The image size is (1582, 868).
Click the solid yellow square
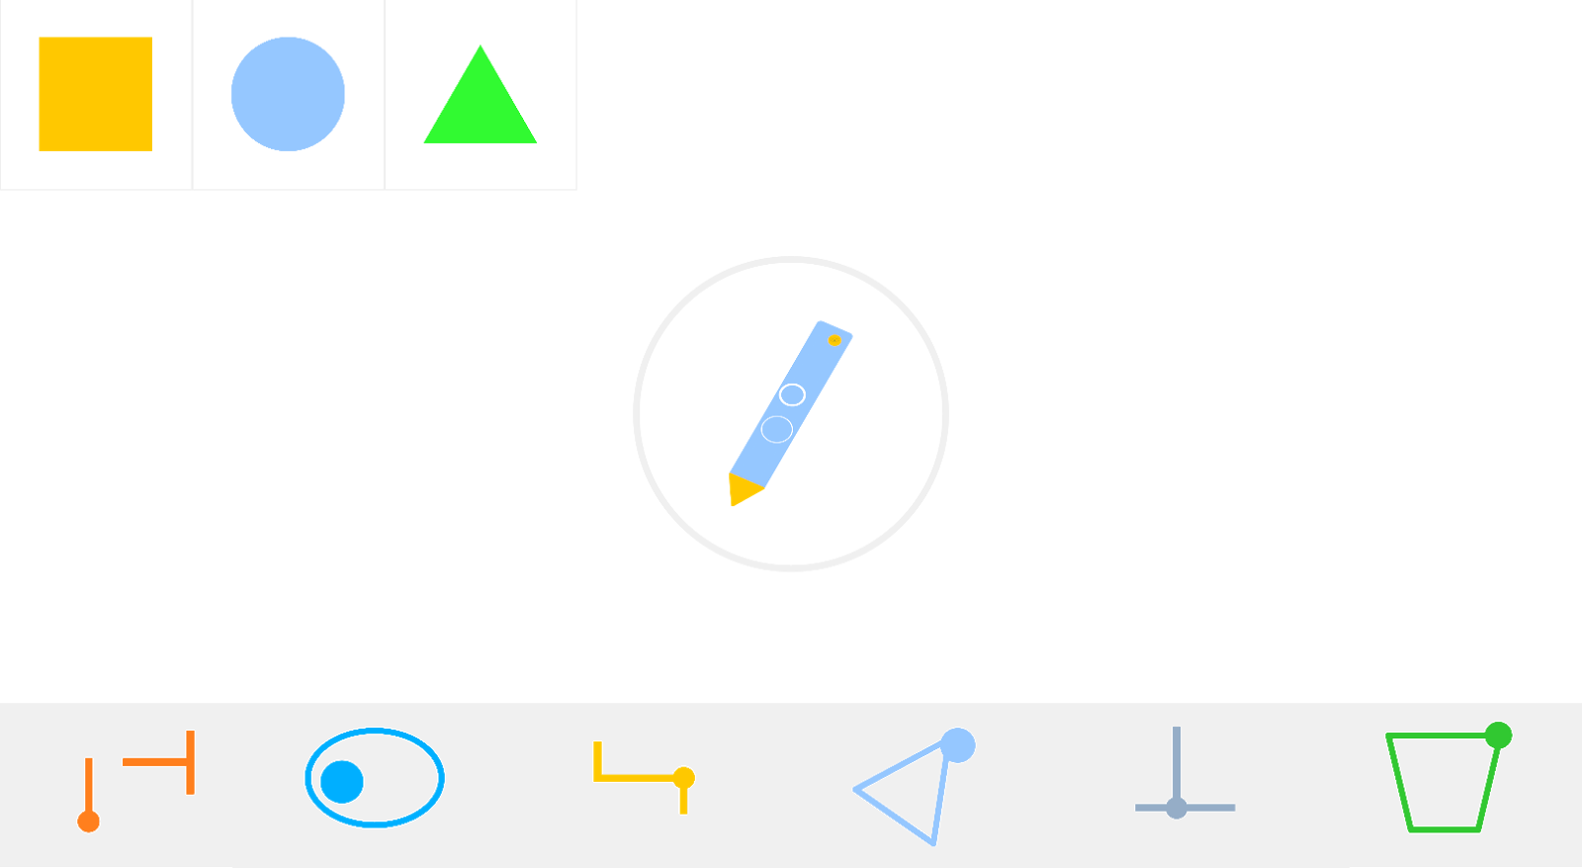[x=95, y=94]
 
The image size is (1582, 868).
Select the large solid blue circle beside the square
[x=288, y=94]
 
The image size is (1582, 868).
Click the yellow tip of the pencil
[x=741, y=489]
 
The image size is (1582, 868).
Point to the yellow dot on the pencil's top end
[x=835, y=340]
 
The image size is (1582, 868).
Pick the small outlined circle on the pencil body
[x=792, y=394]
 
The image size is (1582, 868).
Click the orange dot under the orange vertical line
[x=89, y=822]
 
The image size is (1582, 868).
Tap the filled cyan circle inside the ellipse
[x=342, y=782]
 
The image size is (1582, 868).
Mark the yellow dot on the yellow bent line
[x=683, y=777]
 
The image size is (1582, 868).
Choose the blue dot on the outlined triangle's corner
[x=957, y=745]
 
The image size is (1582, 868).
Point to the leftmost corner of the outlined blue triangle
[x=856, y=789]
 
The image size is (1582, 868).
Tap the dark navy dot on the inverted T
[x=1176, y=808]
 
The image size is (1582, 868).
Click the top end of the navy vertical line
[x=1176, y=730]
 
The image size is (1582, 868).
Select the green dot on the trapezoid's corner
[x=1498, y=736]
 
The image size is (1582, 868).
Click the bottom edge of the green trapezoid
[x=1445, y=829]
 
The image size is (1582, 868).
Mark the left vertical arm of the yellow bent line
[x=597, y=759]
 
